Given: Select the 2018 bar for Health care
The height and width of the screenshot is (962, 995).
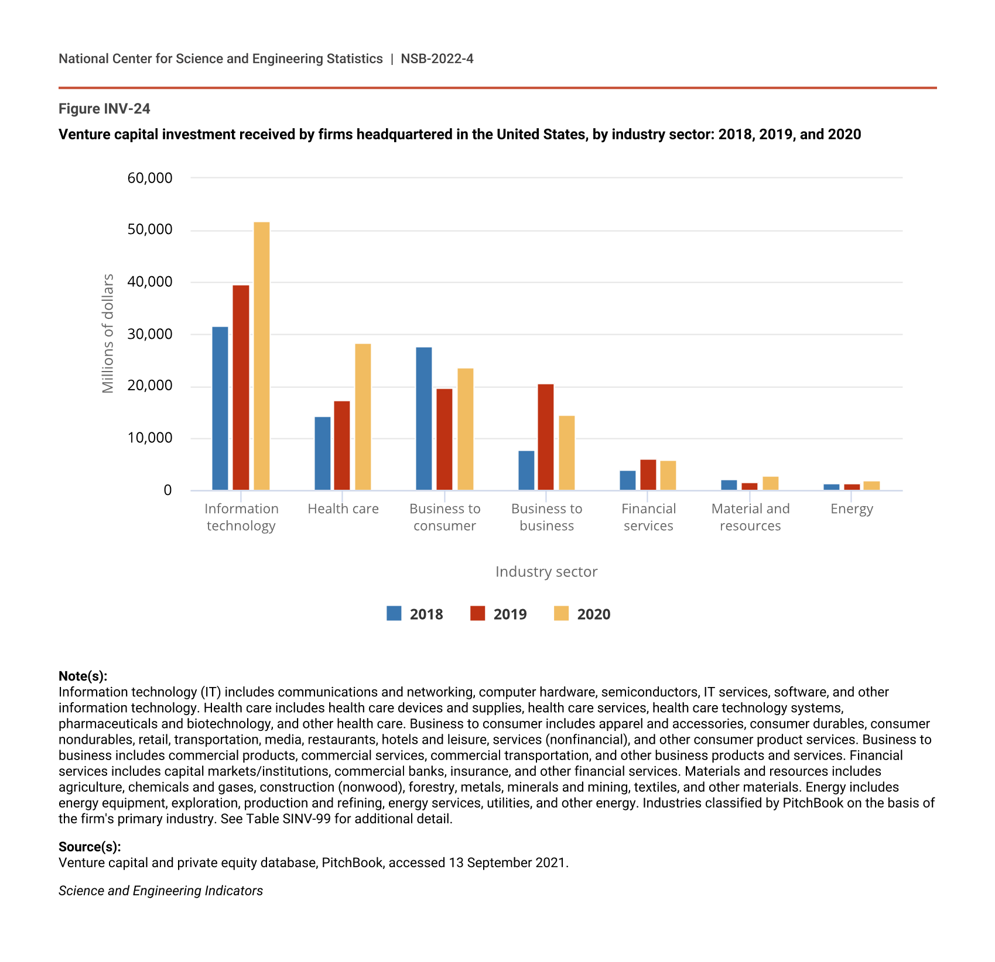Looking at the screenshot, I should [x=323, y=453].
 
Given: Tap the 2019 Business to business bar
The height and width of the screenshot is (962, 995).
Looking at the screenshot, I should [x=546, y=437].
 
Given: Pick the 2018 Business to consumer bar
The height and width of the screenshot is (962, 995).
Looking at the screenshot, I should [x=424, y=418].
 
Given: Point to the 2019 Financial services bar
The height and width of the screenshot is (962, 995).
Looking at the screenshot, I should [x=648, y=475].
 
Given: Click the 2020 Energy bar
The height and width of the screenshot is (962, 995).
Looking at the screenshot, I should [x=871, y=486].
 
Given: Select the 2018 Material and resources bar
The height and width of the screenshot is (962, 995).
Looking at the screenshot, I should [x=729, y=485].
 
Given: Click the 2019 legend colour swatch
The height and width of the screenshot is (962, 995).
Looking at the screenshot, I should [x=478, y=613].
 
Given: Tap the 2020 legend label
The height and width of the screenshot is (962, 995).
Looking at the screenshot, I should [x=594, y=614].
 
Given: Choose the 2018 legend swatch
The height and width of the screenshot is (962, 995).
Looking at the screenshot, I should [x=394, y=613].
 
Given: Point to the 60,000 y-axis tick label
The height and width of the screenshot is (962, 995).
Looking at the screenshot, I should [x=150, y=178].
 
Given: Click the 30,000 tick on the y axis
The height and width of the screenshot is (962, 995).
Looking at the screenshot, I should [x=150, y=334].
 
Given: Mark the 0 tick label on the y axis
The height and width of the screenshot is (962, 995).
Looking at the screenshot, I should [x=167, y=490].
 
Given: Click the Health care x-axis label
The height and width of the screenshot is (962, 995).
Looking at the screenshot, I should [x=343, y=509].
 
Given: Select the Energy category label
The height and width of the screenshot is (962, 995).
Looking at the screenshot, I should [x=852, y=509].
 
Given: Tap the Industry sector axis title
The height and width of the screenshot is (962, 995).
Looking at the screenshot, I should [x=546, y=572].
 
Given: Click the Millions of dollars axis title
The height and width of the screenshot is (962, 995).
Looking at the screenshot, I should [x=108, y=334].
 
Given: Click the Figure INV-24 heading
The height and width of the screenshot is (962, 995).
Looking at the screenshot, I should [x=104, y=109].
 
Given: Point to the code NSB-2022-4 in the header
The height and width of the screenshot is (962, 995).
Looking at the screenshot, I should [x=437, y=59].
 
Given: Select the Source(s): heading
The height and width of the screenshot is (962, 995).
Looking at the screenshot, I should [x=90, y=847].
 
